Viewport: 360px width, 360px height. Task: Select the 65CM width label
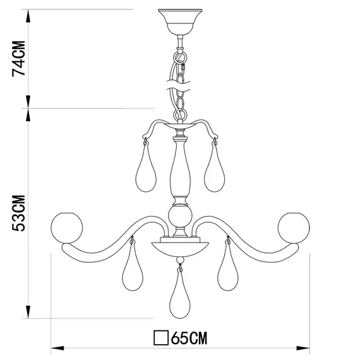pos(188,339)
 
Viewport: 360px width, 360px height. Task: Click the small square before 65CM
pos(161,339)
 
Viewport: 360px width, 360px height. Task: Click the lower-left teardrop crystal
pos(132,270)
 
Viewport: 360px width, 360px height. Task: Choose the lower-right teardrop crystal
pos(227,270)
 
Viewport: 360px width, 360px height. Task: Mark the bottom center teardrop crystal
pos(180,301)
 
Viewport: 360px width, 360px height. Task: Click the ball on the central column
pos(180,217)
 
